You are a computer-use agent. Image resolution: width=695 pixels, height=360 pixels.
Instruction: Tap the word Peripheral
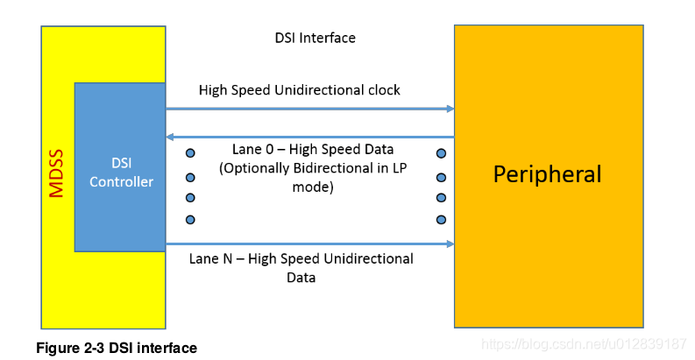pyautogui.click(x=547, y=173)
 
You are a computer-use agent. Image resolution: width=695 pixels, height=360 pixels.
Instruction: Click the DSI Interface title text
pyautogui.click(x=315, y=39)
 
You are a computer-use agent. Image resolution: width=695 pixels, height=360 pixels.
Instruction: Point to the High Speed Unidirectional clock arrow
pyautogui.click(x=307, y=109)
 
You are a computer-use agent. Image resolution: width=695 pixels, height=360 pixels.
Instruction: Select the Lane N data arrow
pyautogui.click(x=307, y=244)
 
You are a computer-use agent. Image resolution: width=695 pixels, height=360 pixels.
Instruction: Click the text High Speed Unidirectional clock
pyautogui.click(x=299, y=90)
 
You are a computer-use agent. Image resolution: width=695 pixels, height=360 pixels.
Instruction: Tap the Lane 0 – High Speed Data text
pyautogui.click(x=313, y=149)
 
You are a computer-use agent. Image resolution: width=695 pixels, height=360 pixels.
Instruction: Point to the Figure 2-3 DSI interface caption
pyautogui.click(x=116, y=348)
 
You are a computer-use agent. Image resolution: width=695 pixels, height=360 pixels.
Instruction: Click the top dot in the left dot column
pyautogui.click(x=190, y=154)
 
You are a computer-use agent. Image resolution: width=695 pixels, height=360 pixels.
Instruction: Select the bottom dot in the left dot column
pyautogui.click(x=190, y=219)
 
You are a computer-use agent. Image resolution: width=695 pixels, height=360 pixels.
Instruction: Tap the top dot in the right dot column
pyautogui.click(x=441, y=154)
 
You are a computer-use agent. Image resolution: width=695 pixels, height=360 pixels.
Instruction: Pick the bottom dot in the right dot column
pyautogui.click(x=441, y=219)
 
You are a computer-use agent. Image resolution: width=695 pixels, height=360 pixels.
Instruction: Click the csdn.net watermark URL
pyautogui.click(x=585, y=342)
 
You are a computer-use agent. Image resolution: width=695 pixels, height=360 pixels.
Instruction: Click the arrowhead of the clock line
pyautogui.click(x=449, y=109)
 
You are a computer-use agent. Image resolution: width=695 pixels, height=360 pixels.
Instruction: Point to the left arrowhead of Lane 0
pyautogui.click(x=171, y=137)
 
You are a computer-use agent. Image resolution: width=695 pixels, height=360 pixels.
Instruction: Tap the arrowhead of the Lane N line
pyautogui.click(x=449, y=244)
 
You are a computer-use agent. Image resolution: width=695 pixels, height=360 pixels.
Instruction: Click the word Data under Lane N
pyautogui.click(x=301, y=278)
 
